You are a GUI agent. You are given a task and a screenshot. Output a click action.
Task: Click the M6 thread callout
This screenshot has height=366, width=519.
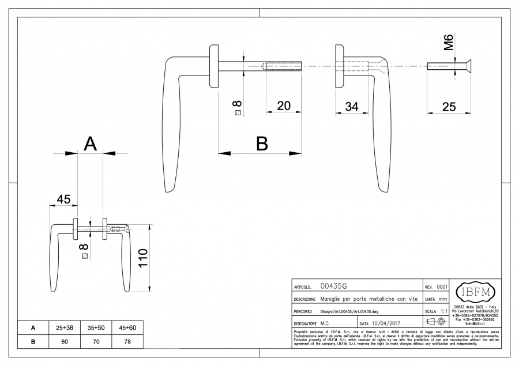(x=449, y=43)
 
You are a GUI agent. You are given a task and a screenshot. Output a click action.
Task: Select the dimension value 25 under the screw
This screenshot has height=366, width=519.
(x=449, y=106)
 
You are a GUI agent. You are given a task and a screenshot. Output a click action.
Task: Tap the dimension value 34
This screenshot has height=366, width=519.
(x=352, y=106)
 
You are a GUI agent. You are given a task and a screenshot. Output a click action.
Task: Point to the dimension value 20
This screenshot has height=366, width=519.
(x=284, y=106)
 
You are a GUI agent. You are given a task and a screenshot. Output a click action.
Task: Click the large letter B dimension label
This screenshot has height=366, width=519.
(x=262, y=144)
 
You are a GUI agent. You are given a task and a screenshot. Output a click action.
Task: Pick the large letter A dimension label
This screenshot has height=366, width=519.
(x=90, y=144)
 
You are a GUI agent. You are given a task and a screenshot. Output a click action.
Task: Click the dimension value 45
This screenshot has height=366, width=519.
(x=63, y=199)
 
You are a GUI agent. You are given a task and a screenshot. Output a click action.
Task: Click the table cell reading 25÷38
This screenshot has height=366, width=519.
(x=64, y=327)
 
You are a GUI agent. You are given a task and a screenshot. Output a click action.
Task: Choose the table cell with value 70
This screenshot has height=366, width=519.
(x=96, y=341)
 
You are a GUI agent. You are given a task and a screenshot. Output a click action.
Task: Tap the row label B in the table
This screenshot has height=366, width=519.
(x=33, y=341)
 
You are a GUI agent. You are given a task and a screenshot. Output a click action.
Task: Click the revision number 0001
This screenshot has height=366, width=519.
(x=442, y=286)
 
